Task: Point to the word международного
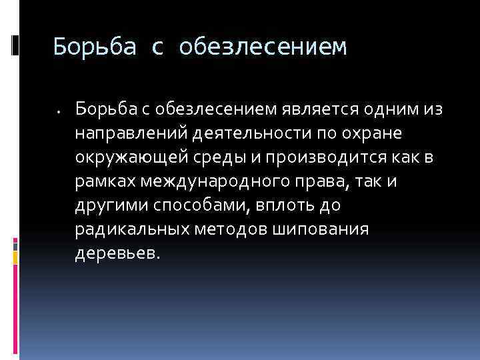[x=211, y=181]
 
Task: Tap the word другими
[x=108, y=205]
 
